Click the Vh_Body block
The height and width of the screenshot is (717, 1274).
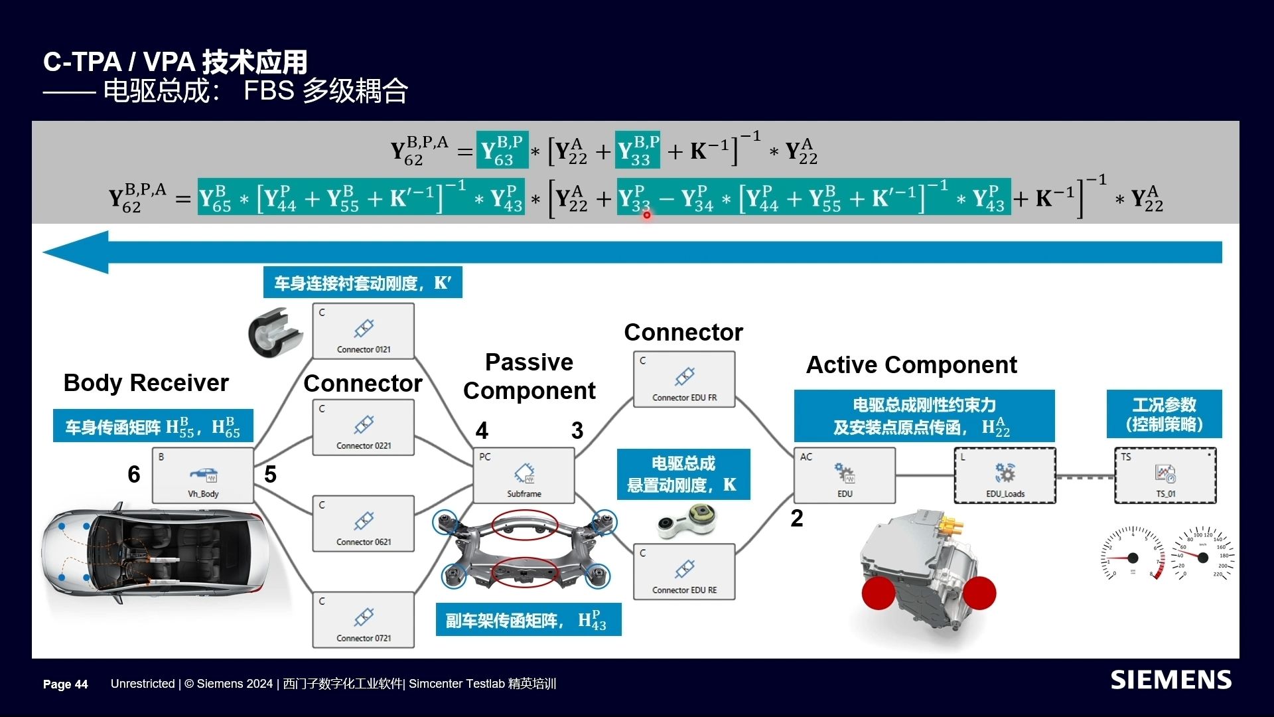pyautogui.click(x=203, y=475)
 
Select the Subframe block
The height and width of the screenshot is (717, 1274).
pyautogui.click(x=524, y=475)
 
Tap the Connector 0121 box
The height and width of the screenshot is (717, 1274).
pyautogui.click(x=364, y=331)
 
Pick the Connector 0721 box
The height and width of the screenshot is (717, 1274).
pyautogui.click(x=364, y=619)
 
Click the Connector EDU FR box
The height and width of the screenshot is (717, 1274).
pyautogui.click(x=684, y=379)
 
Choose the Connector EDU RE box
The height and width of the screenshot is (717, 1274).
pyautogui.click(x=684, y=572)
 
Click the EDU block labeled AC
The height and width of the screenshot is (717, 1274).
pyautogui.click(x=845, y=475)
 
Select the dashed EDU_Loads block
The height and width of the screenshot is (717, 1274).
pyautogui.click(x=1005, y=475)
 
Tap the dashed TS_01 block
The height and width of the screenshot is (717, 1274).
pyautogui.click(x=1165, y=475)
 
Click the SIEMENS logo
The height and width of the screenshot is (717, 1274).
pyautogui.click(x=1171, y=680)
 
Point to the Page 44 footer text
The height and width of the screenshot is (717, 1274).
pyautogui.click(x=65, y=684)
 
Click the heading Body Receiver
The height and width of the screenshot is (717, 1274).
pyautogui.click(x=146, y=383)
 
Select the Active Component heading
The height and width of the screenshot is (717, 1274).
pyautogui.click(x=911, y=365)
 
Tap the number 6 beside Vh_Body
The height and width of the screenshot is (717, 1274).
pyautogui.click(x=134, y=474)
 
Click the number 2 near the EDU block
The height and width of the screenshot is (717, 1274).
pyautogui.click(x=797, y=518)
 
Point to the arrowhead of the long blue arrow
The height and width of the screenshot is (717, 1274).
pyautogui.click(x=73, y=252)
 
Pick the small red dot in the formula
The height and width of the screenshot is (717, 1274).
pyautogui.click(x=647, y=215)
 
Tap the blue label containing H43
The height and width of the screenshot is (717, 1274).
pyautogui.click(x=528, y=620)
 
